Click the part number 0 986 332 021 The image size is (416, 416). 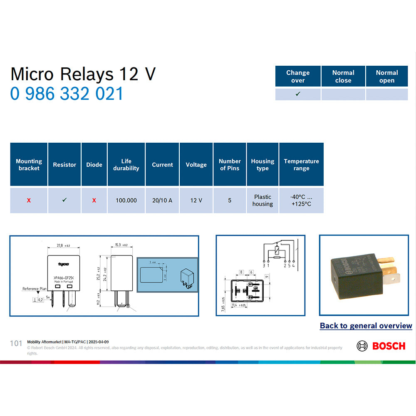tap(67, 94)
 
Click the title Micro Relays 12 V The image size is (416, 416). tap(83, 74)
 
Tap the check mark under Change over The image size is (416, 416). tap(298, 94)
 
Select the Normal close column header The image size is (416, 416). tap(343, 77)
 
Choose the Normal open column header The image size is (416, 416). tap(387, 77)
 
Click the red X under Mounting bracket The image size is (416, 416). tap(29, 201)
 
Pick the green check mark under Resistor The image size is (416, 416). tap(64, 200)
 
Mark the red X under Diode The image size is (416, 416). tap(94, 201)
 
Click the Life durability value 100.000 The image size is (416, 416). tap(126, 201)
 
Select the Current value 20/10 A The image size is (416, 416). tap(162, 201)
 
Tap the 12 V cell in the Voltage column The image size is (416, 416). tap(196, 201)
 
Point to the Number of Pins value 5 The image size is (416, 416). tap(230, 201)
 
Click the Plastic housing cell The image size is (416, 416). tap(262, 201)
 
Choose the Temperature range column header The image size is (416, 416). tap(301, 165)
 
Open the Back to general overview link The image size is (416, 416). tap(366, 326)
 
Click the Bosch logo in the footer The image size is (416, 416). tap(381, 346)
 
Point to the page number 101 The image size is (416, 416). tap(16, 343)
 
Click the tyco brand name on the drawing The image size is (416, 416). tap(63, 264)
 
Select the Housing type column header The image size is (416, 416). tap(262, 165)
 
